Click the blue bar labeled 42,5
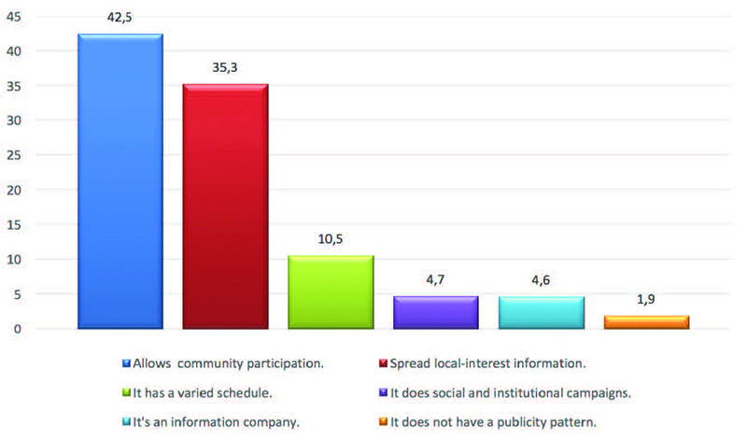pos(120,181)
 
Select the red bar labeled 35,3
pos(225,206)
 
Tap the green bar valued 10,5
pos(331,292)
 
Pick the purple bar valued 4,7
pos(436,312)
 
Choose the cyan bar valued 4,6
pos(542,312)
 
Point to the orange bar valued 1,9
pos(646,322)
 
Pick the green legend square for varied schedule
pos(126,393)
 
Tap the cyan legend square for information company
pos(126,423)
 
